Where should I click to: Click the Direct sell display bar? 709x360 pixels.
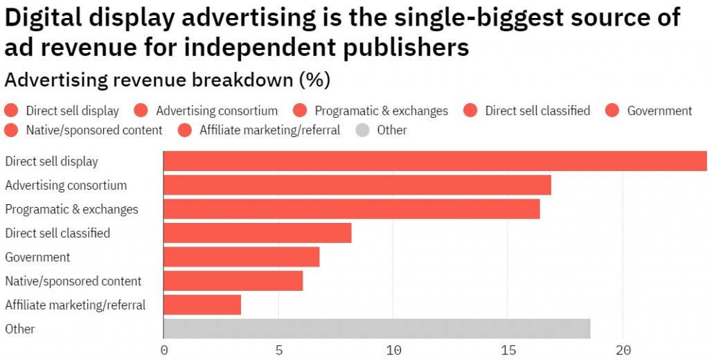click(435, 161)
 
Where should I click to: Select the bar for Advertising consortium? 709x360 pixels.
click(357, 186)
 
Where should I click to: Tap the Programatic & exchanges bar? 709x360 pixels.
click(352, 209)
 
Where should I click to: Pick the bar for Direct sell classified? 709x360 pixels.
click(258, 233)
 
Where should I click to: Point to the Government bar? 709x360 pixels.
click(242, 257)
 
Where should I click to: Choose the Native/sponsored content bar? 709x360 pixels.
click(233, 281)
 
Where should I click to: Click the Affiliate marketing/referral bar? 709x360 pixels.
click(202, 305)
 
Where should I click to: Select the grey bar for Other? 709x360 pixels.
click(377, 329)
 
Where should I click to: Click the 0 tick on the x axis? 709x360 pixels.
click(164, 350)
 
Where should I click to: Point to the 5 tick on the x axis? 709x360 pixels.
click(279, 350)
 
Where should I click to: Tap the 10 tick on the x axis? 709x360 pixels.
click(393, 350)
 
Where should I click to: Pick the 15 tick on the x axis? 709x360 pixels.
click(508, 350)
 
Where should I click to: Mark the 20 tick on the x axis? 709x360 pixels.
click(623, 350)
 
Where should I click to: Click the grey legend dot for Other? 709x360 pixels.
click(362, 130)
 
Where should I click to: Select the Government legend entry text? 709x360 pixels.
click(659, 111)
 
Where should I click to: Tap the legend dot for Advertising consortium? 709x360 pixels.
click(141, 111)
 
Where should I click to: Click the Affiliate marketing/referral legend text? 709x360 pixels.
click(269, 130)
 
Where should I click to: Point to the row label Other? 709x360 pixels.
click(19, 329)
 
